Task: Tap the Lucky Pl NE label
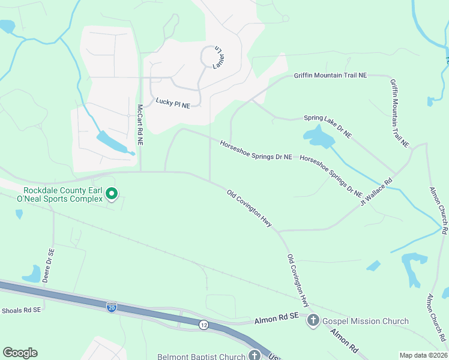pyautogui.click(x=173, y=103)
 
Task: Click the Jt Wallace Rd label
pyautogui.click(x=376, y=190)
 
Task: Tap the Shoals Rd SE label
pyautogui.click(x=20, y=310)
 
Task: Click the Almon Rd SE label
pyautogui.click(x=277, y=322)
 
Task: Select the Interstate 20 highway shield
pyautogui.click(x=112, y=307)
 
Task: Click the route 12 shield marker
pyautogui.click(x=204, y=325)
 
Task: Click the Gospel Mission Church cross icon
pyautogui.click(x=313, y=321)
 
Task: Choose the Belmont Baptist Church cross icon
pyautogui.click(x=255, y=356)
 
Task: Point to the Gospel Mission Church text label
pyautogui.click(x=366, y=322)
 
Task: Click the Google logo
pyautogui.click(x=20, y=353)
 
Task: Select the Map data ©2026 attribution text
pyautogui.click(x=424, y=355)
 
